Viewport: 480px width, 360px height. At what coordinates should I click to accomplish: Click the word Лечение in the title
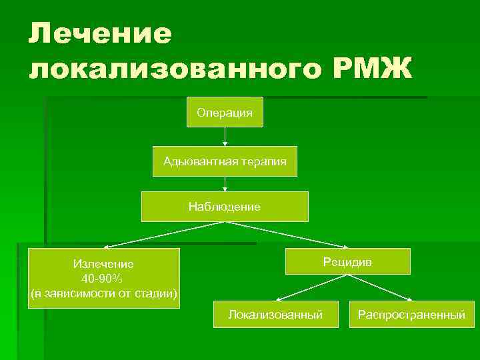point(101,33)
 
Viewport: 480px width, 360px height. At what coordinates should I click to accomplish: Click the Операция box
point(225,112)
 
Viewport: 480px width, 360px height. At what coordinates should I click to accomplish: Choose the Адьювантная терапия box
point(225,161)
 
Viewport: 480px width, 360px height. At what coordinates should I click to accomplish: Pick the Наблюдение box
point(225,207)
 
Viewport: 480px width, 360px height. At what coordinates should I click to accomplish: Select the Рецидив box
point(347,261)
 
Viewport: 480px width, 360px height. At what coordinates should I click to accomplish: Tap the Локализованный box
point(275,313)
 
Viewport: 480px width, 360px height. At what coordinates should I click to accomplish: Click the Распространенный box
point(411,313)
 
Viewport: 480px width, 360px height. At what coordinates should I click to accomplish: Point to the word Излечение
point(103,264)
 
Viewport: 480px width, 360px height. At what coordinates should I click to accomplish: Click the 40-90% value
point(103,278)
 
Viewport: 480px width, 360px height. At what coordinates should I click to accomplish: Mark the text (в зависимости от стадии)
point(104,293)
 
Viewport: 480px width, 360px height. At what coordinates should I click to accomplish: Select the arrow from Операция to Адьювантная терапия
point(225,136)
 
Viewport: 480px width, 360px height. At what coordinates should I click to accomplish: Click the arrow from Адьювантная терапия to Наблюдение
point(225,183)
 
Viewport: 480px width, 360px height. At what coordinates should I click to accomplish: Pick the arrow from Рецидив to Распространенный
point(380,287)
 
